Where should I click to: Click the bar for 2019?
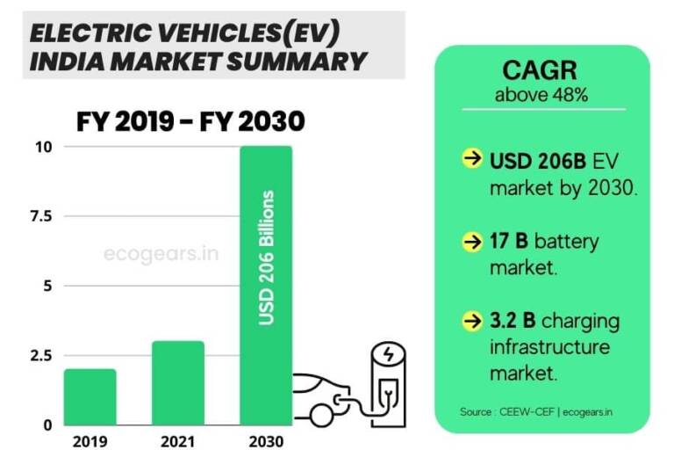pyautogui.click(x=90, y=396)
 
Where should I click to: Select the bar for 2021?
pyautogui.click(x=177, y=382)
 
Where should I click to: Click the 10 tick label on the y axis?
pyautogui.click(x=42, y=146)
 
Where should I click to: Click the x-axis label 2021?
pyautogui.click(x=177, y=439)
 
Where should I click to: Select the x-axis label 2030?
pyautogui.click(x=266, y=439)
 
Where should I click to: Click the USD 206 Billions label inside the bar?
pyautogui.click(x=267, y=257)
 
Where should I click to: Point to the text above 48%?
pyautogui.click(x=541, y=94)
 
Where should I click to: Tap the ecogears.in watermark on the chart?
pyautogui.click(x=161, y=255)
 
